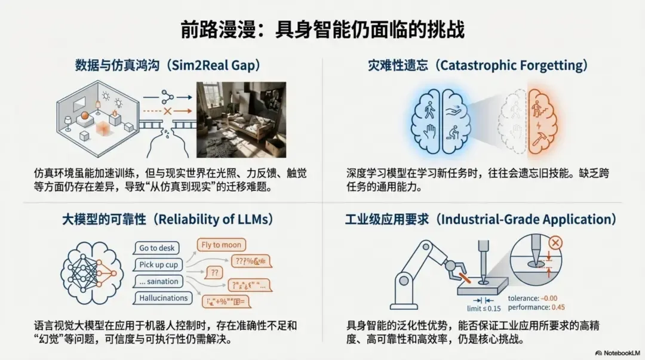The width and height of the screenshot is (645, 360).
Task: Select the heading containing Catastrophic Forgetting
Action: (x=477, y=65)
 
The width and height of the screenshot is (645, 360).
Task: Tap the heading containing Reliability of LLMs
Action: (x=168, y=219)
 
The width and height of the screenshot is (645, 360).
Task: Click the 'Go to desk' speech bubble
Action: (x=156, y=248)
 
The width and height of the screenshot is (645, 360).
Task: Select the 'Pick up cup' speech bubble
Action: (x=158, y=264)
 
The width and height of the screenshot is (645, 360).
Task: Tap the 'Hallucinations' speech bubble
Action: (x=163, y=298)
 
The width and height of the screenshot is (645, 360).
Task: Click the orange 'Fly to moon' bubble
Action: (x=222, y=245)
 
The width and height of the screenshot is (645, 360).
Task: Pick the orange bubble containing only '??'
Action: (x=213, y=273)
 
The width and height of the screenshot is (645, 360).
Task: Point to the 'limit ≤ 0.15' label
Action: (x=484, y=308)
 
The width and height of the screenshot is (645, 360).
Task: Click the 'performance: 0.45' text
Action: (x=536, y=307)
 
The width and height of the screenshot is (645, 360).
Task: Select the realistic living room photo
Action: (x=241, y=119)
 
